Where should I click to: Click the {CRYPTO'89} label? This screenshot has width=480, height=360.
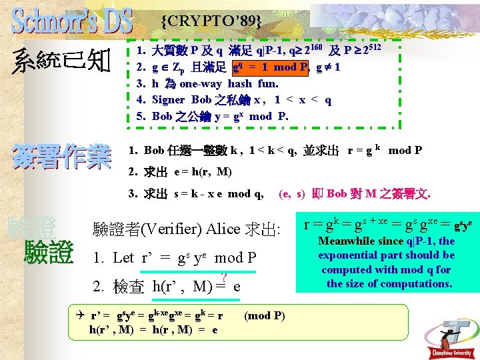coord(211,22)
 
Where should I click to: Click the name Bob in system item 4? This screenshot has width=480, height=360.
coord(201,100)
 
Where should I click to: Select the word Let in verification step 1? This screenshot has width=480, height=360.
coord(123,257)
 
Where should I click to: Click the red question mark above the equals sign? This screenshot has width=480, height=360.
coord(225,278)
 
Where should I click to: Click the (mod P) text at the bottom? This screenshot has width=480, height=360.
coord(265,315)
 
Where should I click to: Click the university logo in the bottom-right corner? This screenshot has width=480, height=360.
coord(453,333)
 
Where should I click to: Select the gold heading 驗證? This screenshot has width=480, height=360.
coord(48,253)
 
